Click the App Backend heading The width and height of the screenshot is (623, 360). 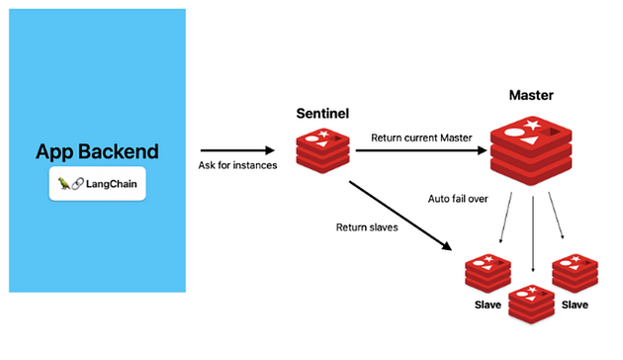(97, 151)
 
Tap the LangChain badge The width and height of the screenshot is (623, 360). (97, 184)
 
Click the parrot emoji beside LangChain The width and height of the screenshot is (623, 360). (64, 184)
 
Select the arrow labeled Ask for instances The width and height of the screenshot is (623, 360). (237, 150)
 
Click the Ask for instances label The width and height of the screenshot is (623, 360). (237, 165)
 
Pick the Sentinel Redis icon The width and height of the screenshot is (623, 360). (322, 150)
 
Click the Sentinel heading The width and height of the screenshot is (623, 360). (322, 114)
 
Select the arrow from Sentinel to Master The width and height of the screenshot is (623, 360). (421, 150)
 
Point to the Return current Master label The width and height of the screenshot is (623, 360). (421, 137)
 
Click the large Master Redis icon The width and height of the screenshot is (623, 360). (531, 151)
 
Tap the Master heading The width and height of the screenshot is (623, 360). (531, 95)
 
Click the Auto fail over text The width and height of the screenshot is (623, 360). (458, 199)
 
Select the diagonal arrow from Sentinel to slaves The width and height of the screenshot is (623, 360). (400, 216)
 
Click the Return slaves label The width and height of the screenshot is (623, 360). (367, 227)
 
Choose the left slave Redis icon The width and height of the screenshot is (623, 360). (488, 273)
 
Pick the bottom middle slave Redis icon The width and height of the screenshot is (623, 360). (532, 304)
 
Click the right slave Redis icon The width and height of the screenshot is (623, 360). (575, 273)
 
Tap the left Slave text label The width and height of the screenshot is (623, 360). (488, 305)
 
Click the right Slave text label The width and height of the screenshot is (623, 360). (575, 305)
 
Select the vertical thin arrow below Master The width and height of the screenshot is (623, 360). (533, 233)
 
